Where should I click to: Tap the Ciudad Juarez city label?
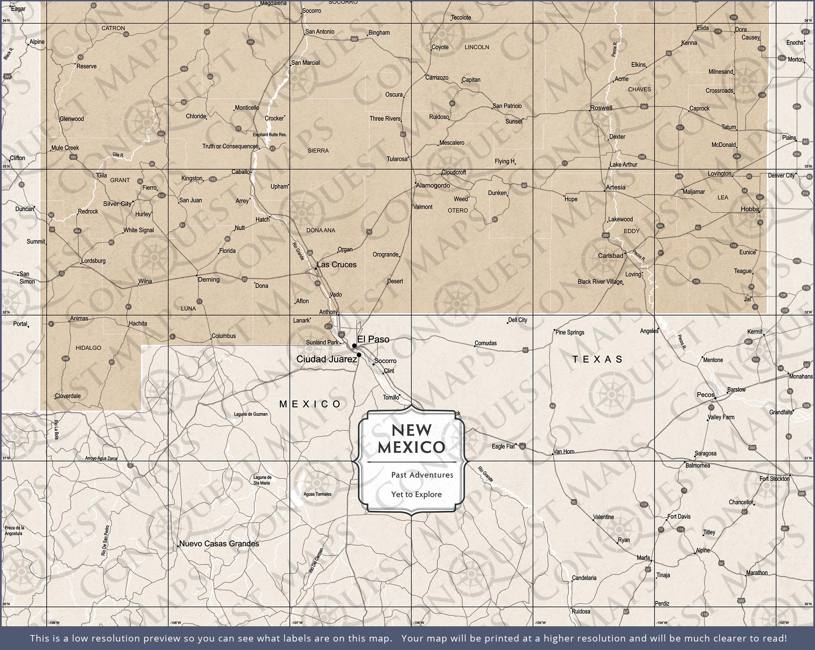[326, 359]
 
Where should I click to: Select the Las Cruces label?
[337, 264]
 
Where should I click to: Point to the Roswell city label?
[601, 108]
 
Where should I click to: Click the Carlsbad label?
[610, 256]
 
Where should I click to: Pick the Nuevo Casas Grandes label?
[219, 544]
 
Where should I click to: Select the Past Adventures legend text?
[422, 475]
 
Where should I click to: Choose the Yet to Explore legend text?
[416, 494]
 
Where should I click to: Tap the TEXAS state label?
[597, 359]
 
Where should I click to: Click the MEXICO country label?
[310, 404]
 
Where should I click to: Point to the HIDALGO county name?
[88, 348]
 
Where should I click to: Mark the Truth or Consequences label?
[230, 146]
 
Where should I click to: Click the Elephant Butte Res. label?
[270, 134]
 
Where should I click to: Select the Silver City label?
[117, 204]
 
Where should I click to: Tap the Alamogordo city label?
[433, 186]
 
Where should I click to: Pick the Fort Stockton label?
[774, 479]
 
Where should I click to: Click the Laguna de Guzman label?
[251, 414]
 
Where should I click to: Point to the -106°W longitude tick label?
[418, 623]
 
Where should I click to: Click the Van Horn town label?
[564, 451]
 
